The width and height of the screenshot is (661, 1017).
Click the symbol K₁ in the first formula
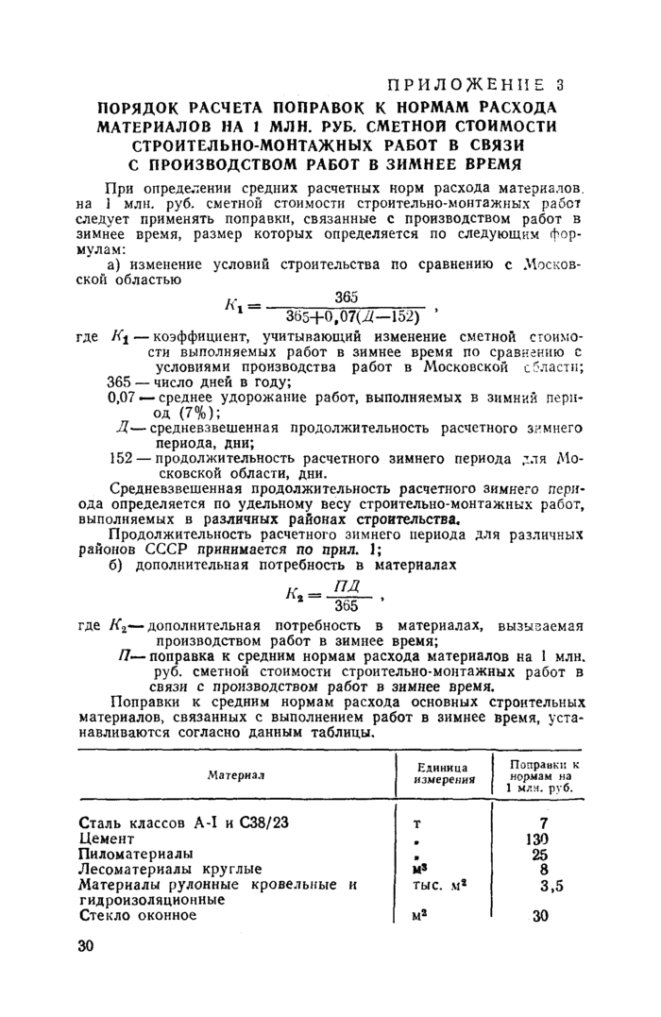[234, 306]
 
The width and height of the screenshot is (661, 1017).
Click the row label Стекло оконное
[138, 914]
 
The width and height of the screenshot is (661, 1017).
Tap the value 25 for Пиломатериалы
[541, 853]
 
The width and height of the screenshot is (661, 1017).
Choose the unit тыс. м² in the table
[442, 884]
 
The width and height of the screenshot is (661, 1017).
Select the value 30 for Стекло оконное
[541, 914]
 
